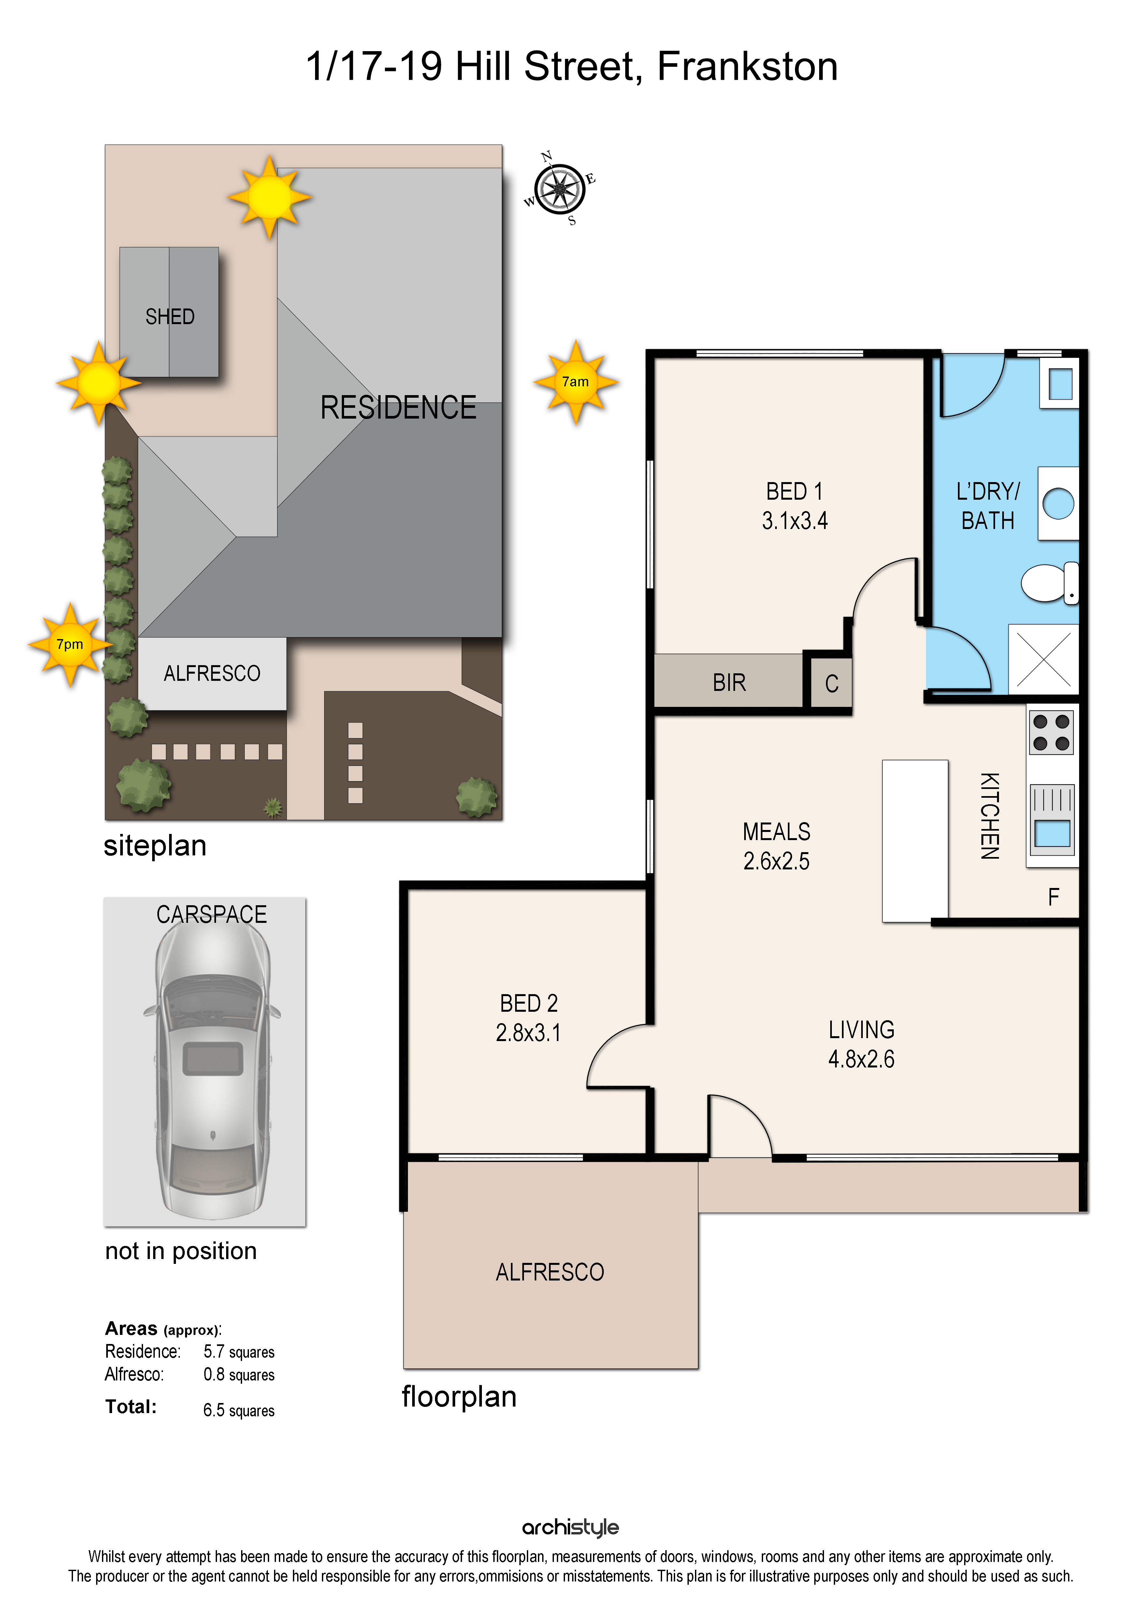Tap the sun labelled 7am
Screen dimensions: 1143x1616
pyautogui.click(x=576, y=382)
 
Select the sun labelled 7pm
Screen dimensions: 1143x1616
pyautogui.click(x=70, y=644)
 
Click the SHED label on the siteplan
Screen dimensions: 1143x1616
pyautogui.click(x=170, y=317)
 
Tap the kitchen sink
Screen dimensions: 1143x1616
pyautogui.click(x=1052, y=820)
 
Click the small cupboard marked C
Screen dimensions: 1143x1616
pyautogui.click(x=831, y=683)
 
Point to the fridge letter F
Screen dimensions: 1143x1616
pyautogui.click(x=1054, y=897)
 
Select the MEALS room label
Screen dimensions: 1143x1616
pyautogui.click(x=776, y=832)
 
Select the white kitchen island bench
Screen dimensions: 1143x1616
pyautogui.click(x=915, y=841)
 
